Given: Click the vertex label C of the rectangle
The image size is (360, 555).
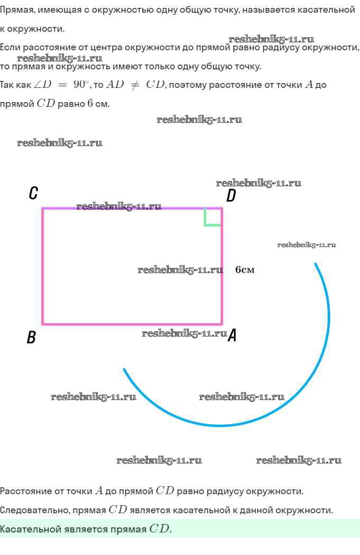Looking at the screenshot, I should pyautogui.click(x=33, y=193).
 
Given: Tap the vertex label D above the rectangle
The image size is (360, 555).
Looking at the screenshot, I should pyautogui.click(x=231, y=196).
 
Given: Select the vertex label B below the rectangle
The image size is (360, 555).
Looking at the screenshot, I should pyautogui.click(x=31, y=337).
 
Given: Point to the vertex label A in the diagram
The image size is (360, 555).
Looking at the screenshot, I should pyautogui.click(x=232, y=335).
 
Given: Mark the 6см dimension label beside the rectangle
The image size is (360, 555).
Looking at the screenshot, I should pyautogui.click(x=245, y=270).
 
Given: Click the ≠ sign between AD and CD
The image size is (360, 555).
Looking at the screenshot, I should pyautogui.click(x=135, y=85).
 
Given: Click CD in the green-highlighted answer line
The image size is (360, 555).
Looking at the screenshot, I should pyautogui.click(x=160, y=529).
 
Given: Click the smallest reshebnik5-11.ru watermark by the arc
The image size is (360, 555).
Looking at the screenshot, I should pyautogui.click(x=307, y=245).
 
